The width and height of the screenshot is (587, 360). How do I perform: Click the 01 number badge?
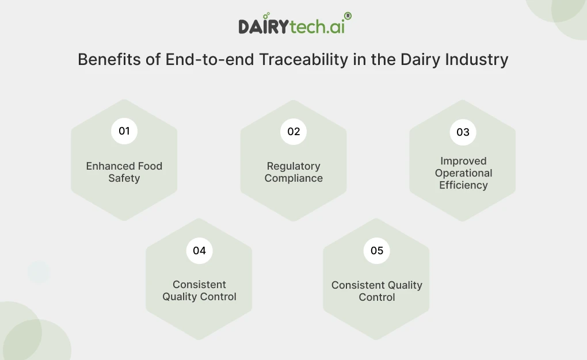[x=124, y=131]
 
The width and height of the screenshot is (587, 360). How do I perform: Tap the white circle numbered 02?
[x=293, y=132]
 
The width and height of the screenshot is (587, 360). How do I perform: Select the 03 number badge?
[x=463, y=132]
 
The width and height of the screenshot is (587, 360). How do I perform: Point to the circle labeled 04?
[x=199, y=251]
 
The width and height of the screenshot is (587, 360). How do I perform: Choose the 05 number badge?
[x=377, y=251]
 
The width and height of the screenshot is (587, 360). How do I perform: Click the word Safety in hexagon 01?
[x=124, y=178]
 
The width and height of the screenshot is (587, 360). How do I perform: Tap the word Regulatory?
[x=293, y=166]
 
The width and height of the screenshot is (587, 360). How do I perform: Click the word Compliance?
[x=293, y=178]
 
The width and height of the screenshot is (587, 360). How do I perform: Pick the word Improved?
[x=463, y=161]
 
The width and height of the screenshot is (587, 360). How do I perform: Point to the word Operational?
[x=463, y=173]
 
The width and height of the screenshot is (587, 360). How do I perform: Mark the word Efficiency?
[x=463, y=185]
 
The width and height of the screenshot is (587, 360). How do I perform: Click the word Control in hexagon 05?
[x=377, y=297]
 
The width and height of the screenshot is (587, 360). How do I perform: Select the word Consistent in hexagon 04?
[x=199, y=285]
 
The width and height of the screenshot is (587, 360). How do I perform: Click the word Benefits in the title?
[x=109, y=60]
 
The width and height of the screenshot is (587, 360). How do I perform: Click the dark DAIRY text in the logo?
[x=265, y=26]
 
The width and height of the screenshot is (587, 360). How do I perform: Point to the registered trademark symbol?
[x=348, y=17]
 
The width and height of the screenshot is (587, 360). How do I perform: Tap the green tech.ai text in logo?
[x=318, y=26]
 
